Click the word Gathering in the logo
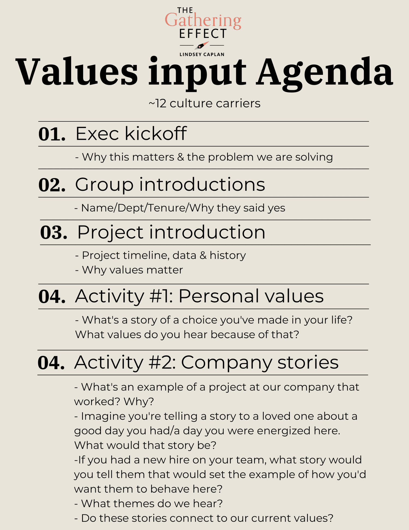[203, 20]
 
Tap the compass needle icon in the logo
[202, 45]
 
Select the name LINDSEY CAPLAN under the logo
[202, 54]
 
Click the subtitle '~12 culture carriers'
[204, 103]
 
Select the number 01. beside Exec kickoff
[52, 134]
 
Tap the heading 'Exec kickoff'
[131, 134]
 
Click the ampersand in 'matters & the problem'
[180, 157]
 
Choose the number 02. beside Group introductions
[52, 185]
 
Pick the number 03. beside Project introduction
[53, 233]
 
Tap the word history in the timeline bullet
[228, 255]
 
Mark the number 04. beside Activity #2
[51, 363]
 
